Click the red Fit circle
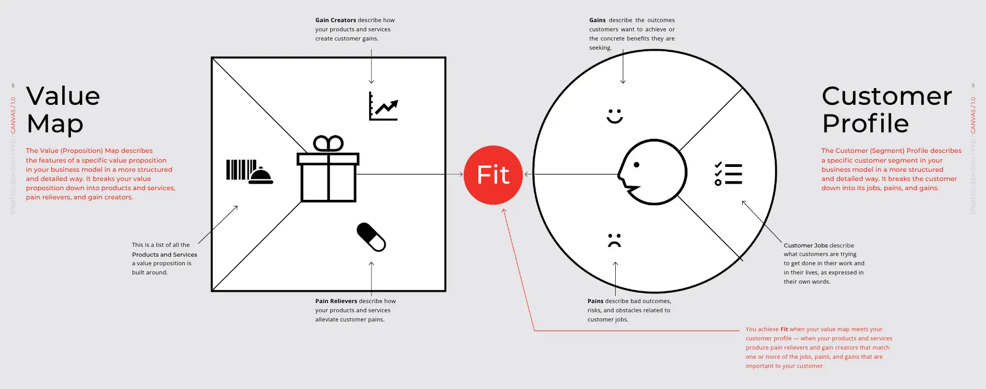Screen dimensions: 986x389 (493, 175)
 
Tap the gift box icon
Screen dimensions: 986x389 (328, 169)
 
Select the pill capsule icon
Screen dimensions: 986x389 (371, 237)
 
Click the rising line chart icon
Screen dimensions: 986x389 (384, 106)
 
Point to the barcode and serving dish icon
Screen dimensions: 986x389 (250, 172)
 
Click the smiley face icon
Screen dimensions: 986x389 (615, 116)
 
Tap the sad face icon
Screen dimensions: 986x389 (614, 240)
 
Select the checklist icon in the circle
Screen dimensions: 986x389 (728, 173)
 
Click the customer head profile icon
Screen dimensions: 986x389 (652, 172)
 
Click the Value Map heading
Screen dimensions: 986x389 (63, 110)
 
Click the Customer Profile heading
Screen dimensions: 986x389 (887, 110)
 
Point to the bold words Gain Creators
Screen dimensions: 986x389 (336, 20)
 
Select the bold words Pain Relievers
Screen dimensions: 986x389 (336, 301)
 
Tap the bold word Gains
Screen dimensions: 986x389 (597, 20)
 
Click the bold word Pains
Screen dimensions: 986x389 (595, 301)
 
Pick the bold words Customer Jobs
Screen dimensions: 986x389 (806, 245)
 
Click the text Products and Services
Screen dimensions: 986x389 (164, 254)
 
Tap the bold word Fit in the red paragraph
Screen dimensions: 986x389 (784, 329)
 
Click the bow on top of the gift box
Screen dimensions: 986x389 (328, 143)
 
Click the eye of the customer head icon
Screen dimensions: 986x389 (636, 165)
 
